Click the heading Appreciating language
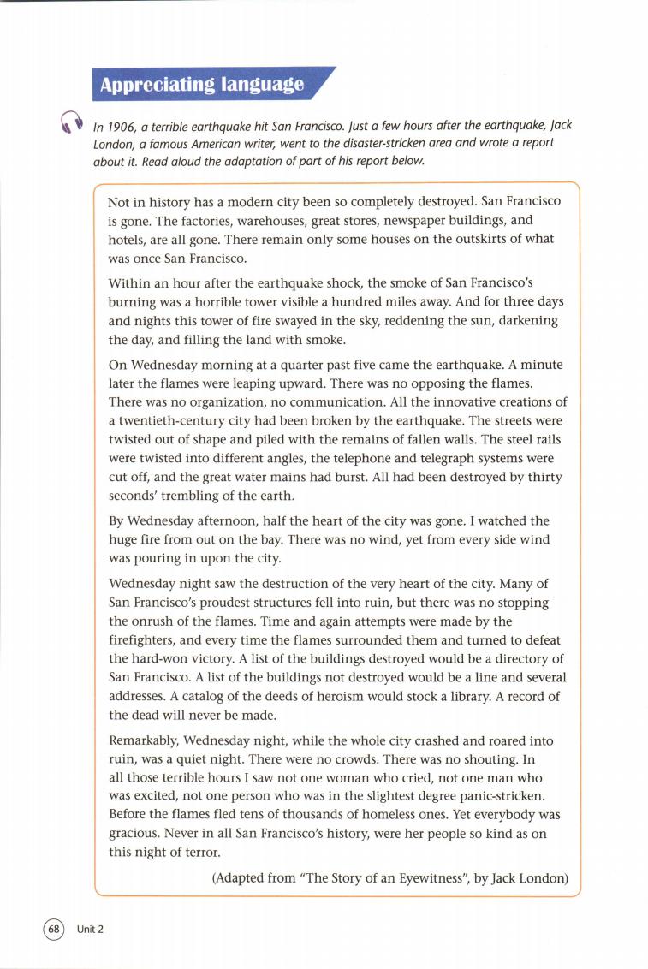pos(202,84)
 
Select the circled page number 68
pos(54,929)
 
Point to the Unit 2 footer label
pos(90,930)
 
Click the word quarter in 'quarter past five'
pos(314,365)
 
